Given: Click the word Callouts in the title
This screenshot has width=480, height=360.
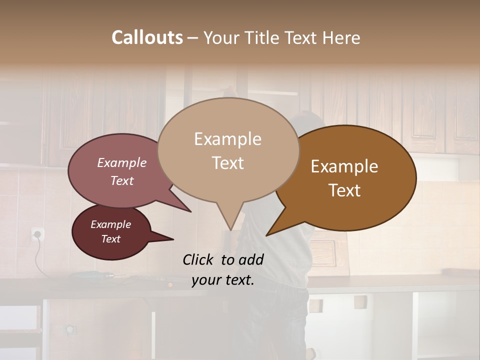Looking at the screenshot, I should (147, 37).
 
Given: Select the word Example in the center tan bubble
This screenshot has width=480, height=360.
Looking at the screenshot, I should (227, 139).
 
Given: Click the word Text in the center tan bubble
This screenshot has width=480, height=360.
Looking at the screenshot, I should (227, 162).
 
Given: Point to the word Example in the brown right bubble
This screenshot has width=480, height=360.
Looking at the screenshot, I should (344, 166).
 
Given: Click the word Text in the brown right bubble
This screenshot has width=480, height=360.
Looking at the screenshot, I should (344, 190).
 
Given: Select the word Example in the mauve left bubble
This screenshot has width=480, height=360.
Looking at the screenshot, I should (122, 162).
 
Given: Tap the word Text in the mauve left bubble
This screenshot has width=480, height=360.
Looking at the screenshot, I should (122, 180).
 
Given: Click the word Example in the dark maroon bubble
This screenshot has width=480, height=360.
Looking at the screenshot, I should (111, 224).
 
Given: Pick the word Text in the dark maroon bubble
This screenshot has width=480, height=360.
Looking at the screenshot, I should (111, 239).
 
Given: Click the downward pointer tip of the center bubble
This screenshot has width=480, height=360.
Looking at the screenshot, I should (230, 230).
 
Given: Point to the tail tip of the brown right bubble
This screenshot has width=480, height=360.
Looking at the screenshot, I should (267, 235).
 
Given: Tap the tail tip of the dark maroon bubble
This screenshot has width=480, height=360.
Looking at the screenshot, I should (173, 239).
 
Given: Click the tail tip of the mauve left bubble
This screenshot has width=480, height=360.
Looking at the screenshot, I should (190, 211).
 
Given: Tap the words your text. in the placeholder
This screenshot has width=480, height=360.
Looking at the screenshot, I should (222, 280).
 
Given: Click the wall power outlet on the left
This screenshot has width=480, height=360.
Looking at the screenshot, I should (37, 233).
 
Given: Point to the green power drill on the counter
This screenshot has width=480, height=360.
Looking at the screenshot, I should (95, 274).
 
